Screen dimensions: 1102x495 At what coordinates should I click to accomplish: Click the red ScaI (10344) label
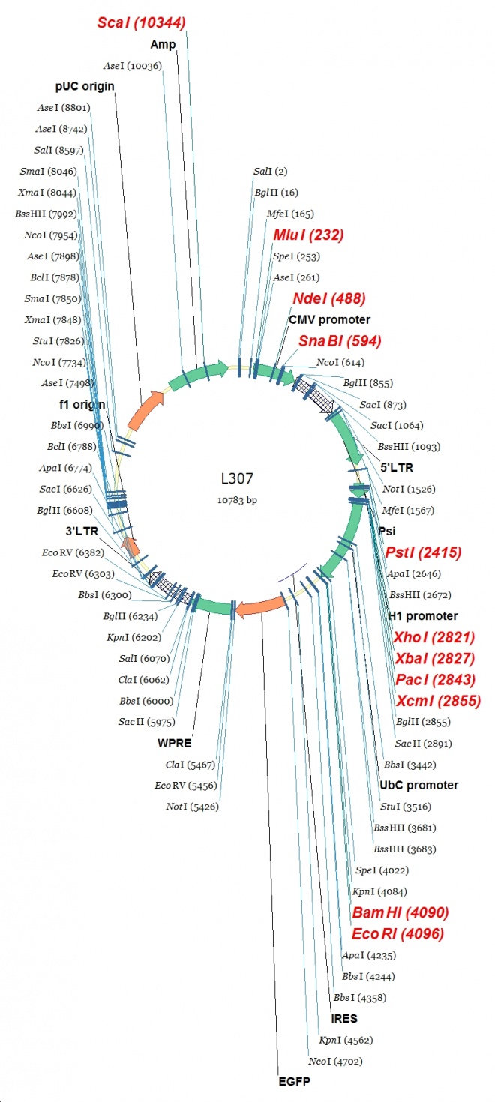click(141, 22)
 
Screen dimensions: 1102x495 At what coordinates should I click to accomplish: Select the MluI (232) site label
click(308, 235)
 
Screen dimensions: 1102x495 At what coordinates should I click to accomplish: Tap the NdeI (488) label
click(329, 298)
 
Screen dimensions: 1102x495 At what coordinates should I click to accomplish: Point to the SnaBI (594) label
click(340, 341)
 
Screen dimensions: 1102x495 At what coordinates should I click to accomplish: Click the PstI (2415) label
click(423, 552)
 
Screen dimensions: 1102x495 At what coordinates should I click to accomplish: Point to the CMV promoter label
click(330, 319)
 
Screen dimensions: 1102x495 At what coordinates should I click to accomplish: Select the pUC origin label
click(85, 86)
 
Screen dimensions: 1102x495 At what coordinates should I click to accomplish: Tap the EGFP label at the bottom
click(292, 1082)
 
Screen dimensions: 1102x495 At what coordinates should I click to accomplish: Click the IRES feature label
click(344, 1019)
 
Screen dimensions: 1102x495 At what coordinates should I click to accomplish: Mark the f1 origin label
click(82, 404)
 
